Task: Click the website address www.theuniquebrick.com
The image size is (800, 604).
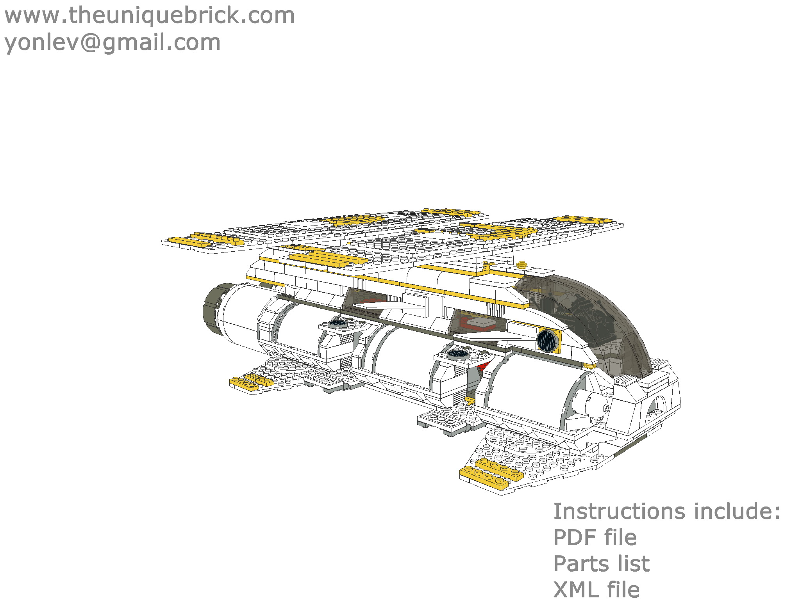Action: coord(149,16)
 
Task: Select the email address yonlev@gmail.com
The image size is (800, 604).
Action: coord(112,42)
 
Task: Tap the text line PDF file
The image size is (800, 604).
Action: coord(595,537)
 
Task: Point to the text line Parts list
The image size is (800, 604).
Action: coord(602,563)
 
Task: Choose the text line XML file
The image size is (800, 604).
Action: coord(596,590)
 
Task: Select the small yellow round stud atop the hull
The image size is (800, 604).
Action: coord(521,265)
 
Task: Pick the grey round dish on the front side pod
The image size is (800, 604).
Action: coord(457,354)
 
